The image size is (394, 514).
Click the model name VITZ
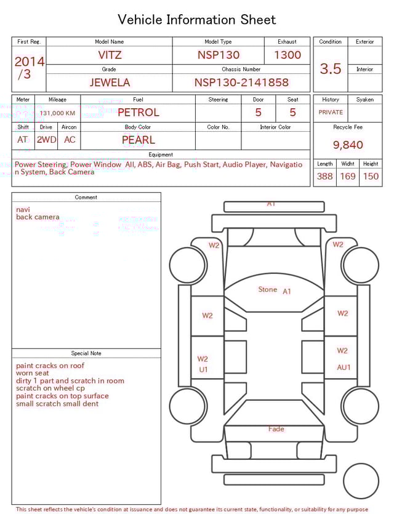pos(110,55)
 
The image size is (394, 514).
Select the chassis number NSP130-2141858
pos(241,82)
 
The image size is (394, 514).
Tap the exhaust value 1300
pos(287,55)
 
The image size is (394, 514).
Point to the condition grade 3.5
pos(331,69)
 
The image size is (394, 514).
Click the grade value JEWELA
pos(109,82)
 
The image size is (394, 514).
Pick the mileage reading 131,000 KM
pos(57,113)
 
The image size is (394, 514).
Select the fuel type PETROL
pos(138,113)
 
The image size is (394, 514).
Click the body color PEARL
pos(138,140)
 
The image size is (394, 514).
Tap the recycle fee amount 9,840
pos(348,145)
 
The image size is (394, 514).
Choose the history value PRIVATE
pos(331,113)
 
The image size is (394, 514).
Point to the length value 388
pos(324,177)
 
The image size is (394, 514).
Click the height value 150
pos(371,177)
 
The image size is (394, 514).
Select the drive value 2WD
pos(46,140)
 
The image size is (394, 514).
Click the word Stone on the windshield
pos(268,289)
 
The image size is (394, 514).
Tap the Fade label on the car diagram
pos(276,429)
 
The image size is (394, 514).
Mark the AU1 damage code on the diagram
pos(343,367)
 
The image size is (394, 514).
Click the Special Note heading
pos(86,353)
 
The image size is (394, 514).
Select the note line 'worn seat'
pos(33,373)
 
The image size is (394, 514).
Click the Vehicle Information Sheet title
pos(197,20)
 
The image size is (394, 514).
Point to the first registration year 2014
pos(29,62)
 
